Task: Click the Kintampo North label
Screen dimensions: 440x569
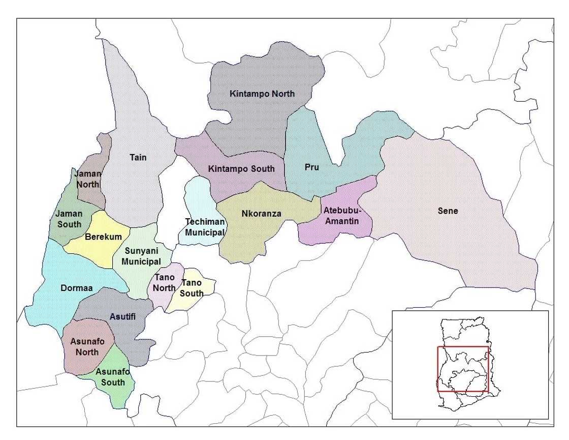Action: coord(262,94)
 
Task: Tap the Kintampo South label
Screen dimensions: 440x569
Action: coord(241,169)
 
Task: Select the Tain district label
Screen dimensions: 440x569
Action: coord(138,158)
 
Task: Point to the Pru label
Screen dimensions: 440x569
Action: coord(311,167)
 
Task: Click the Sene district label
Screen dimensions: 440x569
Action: coord(448,211)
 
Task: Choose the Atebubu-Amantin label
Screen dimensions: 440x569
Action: coord(341,216)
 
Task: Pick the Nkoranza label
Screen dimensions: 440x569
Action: coord(261,214)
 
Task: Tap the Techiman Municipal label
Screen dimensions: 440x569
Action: coord(205,227)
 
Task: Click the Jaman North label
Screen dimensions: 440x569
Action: coord(88,179)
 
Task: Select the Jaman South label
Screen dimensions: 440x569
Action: coord(69,219)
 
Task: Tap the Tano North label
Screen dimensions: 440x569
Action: coord(164,283)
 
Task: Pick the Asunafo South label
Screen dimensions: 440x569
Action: coord(113,377)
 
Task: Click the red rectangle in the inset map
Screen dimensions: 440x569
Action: coord(463,347)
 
